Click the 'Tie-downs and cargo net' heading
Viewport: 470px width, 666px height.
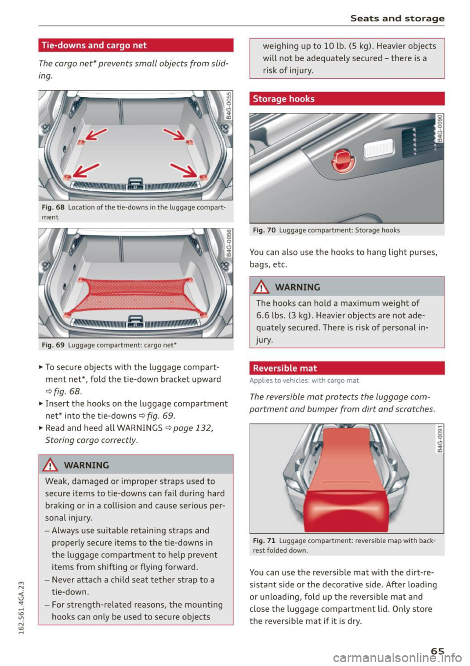click(x=94, y=46)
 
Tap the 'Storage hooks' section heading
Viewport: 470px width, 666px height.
click(x=284, y=99)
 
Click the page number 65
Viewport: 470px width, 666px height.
click(x=437, y=651)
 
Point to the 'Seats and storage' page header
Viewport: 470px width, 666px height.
click(x=397, y=18)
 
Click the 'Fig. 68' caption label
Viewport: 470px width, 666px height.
click(x=53, y=207)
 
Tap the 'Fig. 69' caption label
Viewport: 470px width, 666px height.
click(x=53, y=345)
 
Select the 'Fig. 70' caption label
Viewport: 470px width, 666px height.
click(x=264, y=230)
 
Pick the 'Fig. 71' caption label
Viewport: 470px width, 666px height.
click(x=264, y=541)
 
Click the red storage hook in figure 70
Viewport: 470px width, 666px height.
click(x=343, y=161)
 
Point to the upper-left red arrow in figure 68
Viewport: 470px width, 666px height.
click(x=95, y=134)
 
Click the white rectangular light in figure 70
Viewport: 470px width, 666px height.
click(x=378, y=148)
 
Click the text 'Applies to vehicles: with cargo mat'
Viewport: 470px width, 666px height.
click(x=304, y=381)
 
